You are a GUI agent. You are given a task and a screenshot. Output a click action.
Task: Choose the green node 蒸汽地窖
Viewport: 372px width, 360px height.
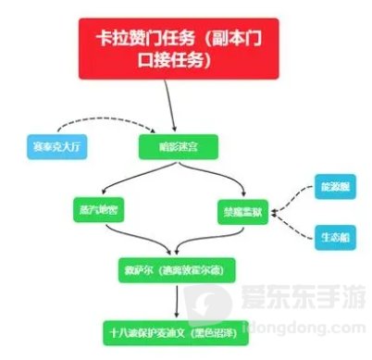pyautogui.click(x=96, y=209)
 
